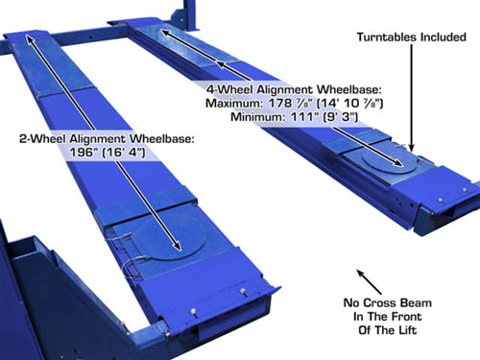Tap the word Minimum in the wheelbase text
[257, 117]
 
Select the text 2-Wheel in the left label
[42, 139]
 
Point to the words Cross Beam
[397, 302]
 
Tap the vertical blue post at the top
[191, 15]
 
